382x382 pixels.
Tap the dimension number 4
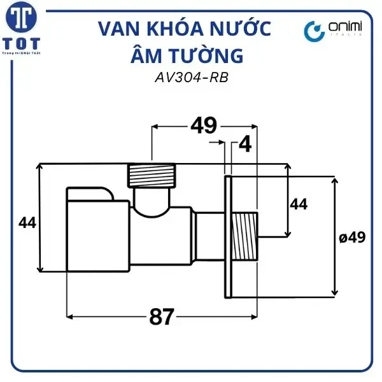click(x=245, y=146)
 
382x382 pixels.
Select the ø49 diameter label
click(x=352, y=237)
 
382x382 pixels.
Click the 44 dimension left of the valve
click(x=27, y=223)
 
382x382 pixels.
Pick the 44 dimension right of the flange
click(x=299, y=204)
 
